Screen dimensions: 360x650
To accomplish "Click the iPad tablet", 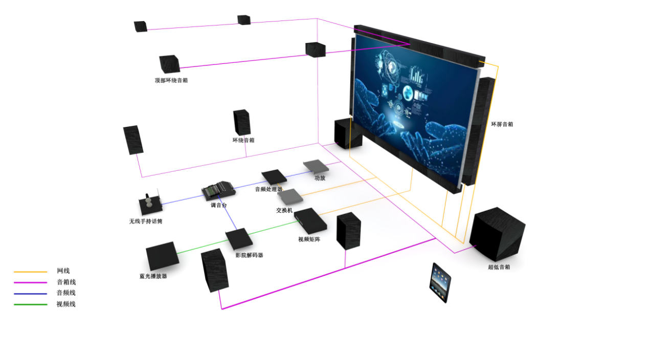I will pyautogui.click(x=440, y=282).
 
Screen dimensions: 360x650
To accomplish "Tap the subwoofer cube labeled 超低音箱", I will pyautogui.click(x=497, y=235).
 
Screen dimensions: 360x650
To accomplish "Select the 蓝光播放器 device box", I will pyautogui.click(x=162, y=256).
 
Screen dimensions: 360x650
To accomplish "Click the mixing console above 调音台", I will pyautogui.click(x=218, y=191).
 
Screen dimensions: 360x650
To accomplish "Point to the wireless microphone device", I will pyautogui.click(x=150, y=205).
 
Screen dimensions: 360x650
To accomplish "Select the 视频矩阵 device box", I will pyautogui.click(x=310, y=220).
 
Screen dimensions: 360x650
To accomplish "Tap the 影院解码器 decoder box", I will pyautogui.click(x=239, y=239).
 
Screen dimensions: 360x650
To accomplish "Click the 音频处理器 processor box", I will pyautogui.click(x=274, y=177).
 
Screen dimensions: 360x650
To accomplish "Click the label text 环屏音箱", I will pyautogui.click(x=502, y=124).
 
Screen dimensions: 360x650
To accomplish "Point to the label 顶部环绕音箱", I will pyautogui.click(x=171, y=80).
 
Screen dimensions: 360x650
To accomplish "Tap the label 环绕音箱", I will pyautogui.click(x=243, y=140).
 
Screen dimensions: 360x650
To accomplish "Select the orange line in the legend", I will pyautogui.click(x=31, y=272).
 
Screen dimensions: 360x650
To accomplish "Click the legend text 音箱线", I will pyautogui.click(x=66, y=282).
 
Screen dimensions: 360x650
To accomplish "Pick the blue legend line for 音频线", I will pyautogui.click(x=31, y=294).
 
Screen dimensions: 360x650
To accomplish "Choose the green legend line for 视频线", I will pyautogui.click(x=31, y=305).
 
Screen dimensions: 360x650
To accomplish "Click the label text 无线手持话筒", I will pyautogui.click(x=146, y=221).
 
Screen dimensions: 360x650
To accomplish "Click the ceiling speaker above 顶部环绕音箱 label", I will pyautogui.click(x=169, y=63).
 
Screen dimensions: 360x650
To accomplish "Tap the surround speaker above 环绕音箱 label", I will pyautogui.click(x=242, y=122).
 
